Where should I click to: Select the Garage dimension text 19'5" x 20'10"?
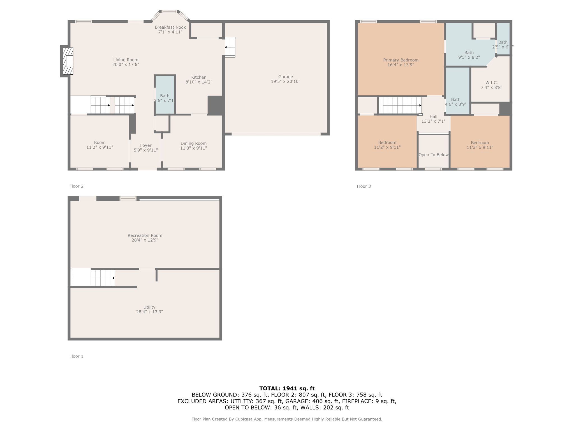[285, 82]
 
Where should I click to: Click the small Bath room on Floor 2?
[165, 95]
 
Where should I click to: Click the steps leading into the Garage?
[230, 47]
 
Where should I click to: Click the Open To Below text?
[433, 155]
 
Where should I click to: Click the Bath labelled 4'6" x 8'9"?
[456, 102]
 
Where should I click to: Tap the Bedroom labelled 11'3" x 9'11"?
[480, 145]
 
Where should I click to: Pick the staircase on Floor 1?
[103, 278]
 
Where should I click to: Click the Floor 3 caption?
[364, 186]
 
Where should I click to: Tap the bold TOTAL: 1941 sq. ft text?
[287, 388]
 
